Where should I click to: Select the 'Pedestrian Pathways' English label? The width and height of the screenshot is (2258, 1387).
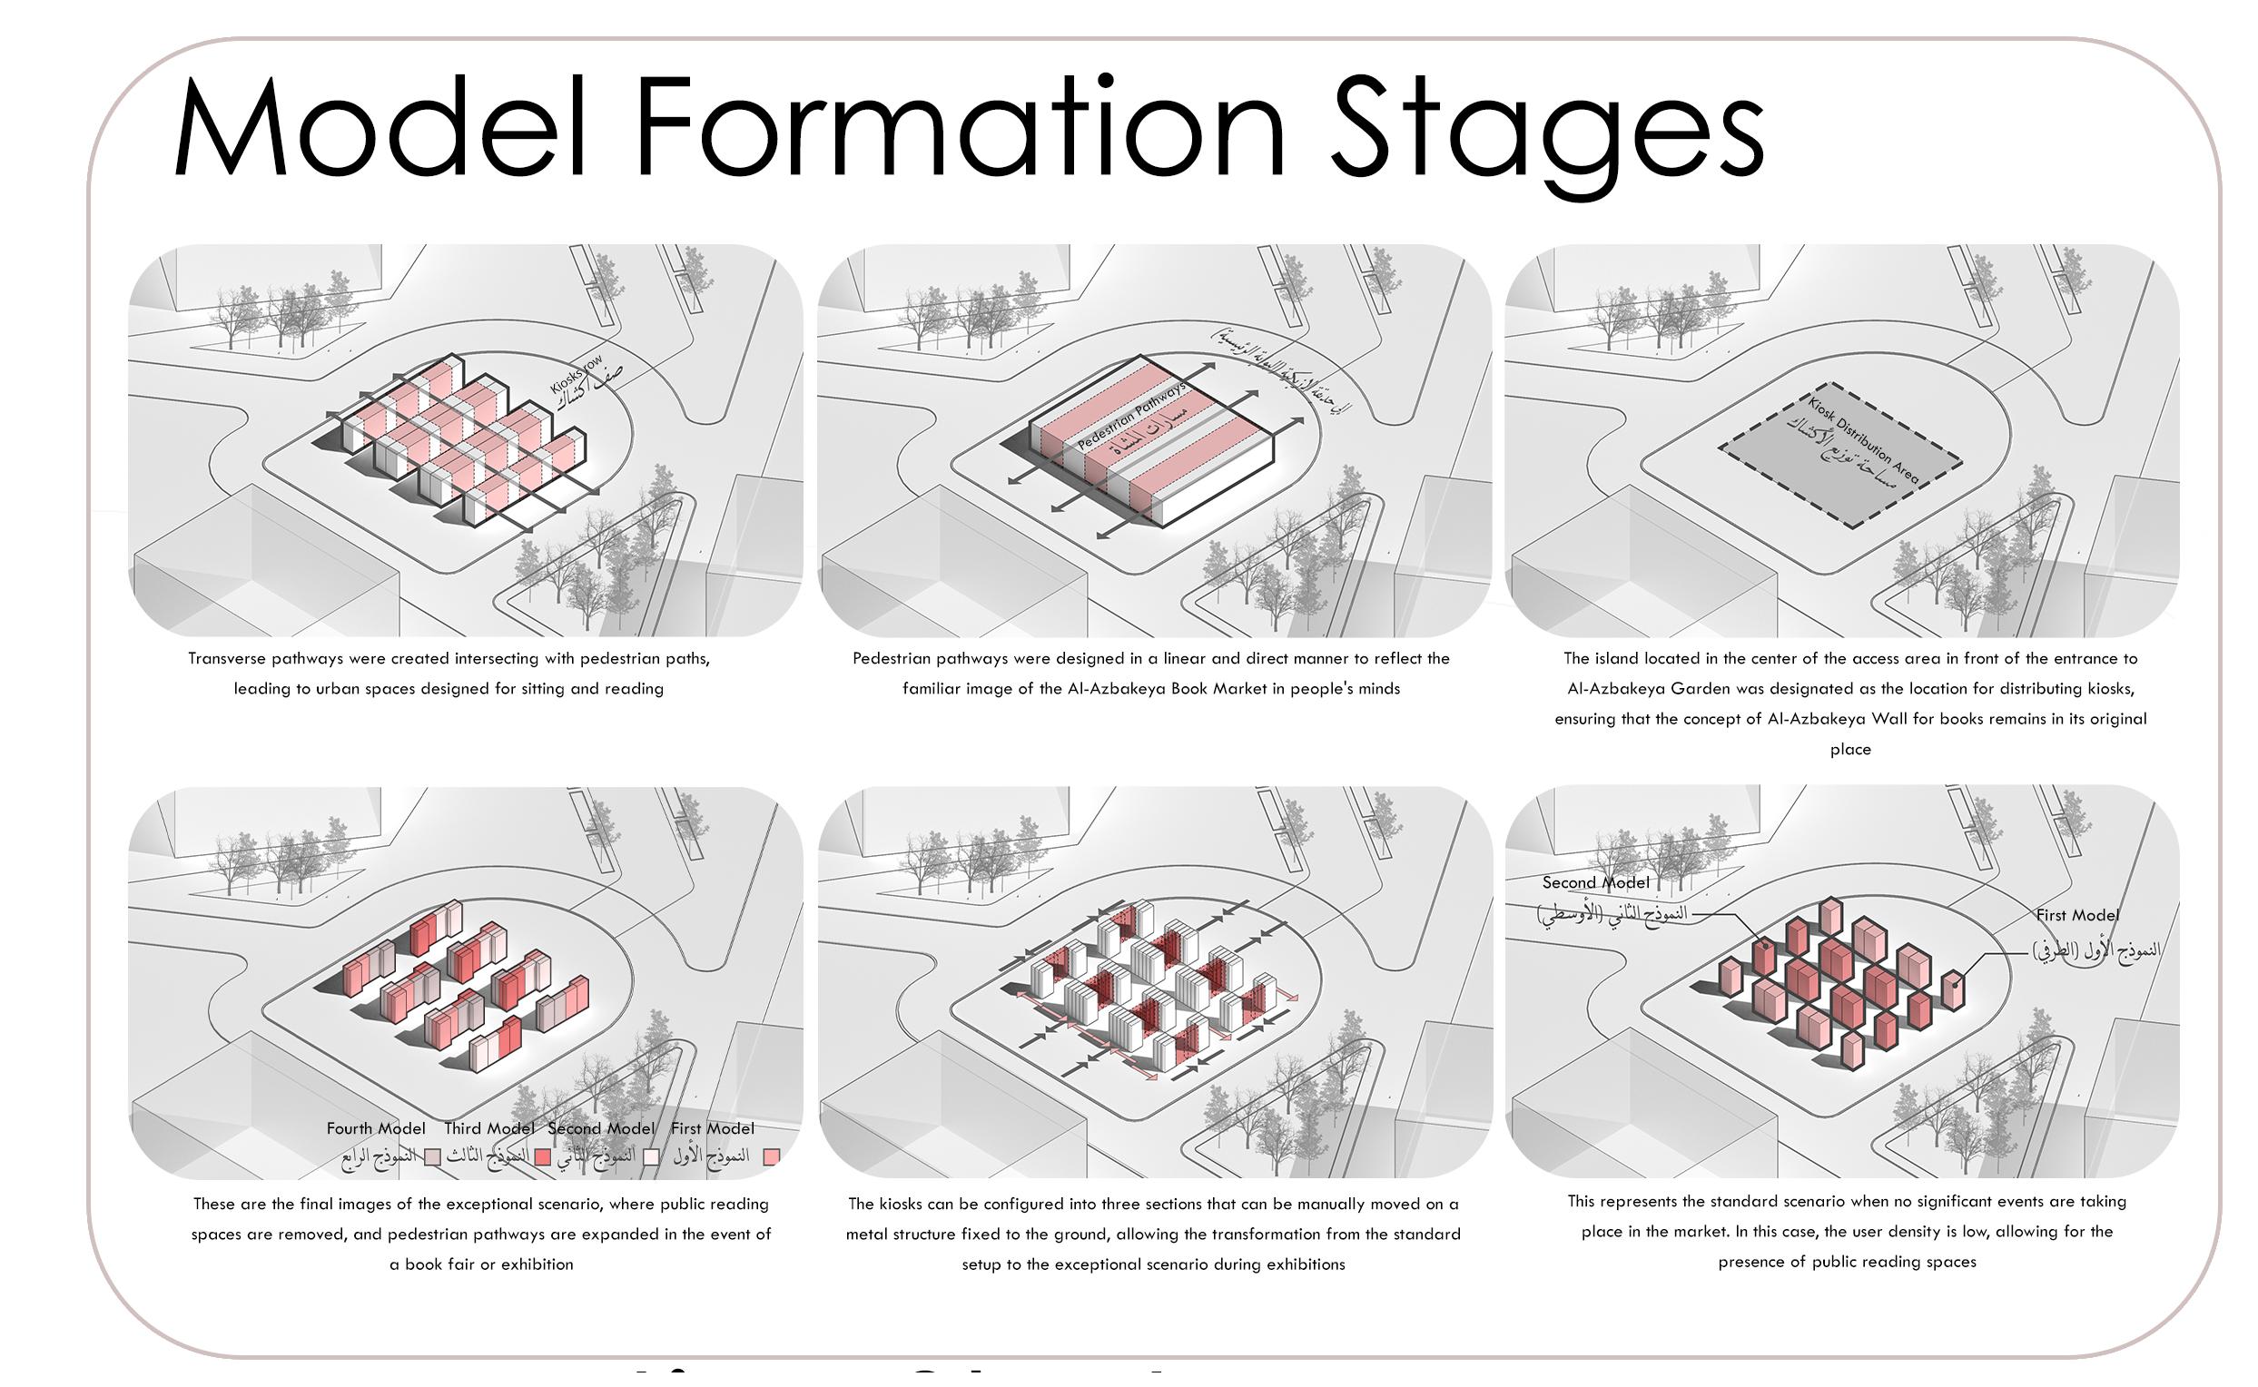[x=1131, y=416]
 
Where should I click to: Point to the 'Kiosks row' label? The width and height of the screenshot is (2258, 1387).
[x=577, y=373]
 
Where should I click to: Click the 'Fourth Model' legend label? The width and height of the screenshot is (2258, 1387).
[x=375, y=1128]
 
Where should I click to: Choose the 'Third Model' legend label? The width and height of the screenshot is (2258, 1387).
[x=489, y=1128]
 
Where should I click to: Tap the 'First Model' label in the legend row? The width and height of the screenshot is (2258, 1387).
[x=712, y=1128]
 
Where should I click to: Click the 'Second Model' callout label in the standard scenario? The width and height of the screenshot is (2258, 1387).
[x=1595, y=882]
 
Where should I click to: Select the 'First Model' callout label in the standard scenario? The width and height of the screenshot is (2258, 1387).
[x=2077, y=915]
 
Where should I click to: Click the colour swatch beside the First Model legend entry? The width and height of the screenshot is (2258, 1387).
[x=772, y=1156]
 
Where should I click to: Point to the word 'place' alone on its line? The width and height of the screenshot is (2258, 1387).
[x=1849, y=750]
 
